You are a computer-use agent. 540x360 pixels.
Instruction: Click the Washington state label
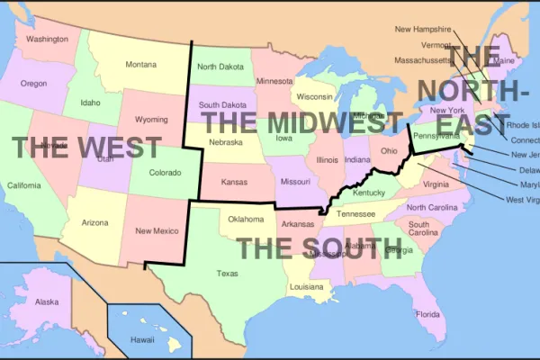click(x=47, y=40)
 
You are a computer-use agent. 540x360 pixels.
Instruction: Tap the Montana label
click(x=140, y=64)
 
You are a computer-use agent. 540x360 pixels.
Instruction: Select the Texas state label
click(x=228, y=273)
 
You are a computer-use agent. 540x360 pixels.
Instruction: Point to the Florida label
click(x=427, y=314)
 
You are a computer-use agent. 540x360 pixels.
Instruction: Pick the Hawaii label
click(x=142, y=340)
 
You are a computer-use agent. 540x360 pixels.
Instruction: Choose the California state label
click(x=23, y=185)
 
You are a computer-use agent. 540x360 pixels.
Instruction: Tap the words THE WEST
click(x=87, y=148)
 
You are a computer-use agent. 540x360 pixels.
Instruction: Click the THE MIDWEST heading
click(x=301, y=122)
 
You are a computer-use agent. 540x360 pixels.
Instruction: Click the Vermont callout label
click(x=436, y=45)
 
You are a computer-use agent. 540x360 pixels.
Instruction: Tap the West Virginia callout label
click(x=522, y=200)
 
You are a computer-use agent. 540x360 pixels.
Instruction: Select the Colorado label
click(x=165, y=172)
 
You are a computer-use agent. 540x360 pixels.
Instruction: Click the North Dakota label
click(x=220, y=67)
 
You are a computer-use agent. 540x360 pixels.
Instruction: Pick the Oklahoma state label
click(x=246, y=219)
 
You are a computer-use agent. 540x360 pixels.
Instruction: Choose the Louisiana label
click(x=306, y=287)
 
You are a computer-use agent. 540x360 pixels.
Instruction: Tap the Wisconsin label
click(x=315, y=96)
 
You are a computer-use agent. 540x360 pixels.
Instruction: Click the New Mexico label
click(x=155, y=231)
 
